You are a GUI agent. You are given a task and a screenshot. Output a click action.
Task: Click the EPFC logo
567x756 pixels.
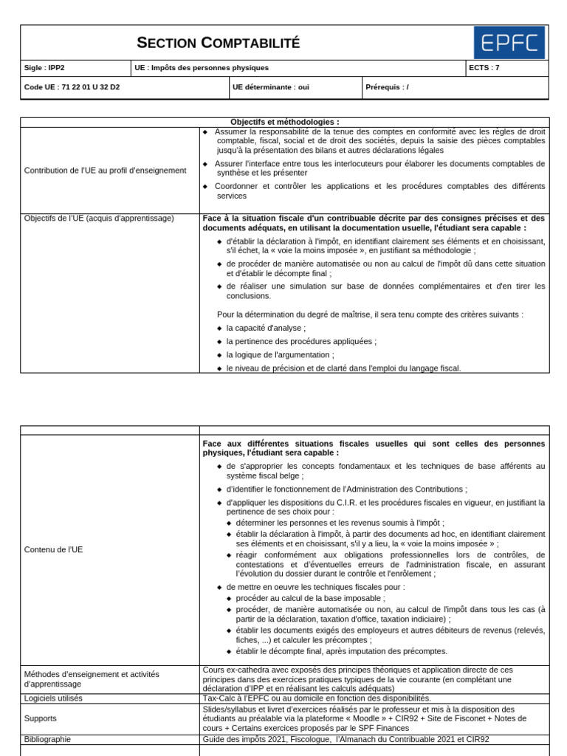point(509,42)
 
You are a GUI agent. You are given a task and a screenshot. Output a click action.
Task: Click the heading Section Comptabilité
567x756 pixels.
point(219,43)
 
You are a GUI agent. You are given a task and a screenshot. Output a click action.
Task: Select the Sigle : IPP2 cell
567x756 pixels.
point(44,68)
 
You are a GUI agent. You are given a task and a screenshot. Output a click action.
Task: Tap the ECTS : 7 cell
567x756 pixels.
point(484,68)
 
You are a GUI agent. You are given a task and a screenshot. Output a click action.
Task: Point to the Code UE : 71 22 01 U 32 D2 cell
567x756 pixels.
point(72,87)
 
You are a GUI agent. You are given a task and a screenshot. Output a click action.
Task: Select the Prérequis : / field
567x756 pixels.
point(387,87)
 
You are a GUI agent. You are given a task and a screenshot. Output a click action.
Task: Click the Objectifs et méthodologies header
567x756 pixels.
point(284,122)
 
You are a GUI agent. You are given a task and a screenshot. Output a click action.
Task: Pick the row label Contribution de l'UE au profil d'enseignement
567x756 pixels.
point(106,171)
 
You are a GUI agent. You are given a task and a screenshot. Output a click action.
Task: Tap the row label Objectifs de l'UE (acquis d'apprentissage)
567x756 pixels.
point(99,219)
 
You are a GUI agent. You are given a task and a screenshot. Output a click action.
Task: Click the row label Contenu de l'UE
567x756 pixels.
point(54,550)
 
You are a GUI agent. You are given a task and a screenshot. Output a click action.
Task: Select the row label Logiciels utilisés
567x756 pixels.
point(53,698)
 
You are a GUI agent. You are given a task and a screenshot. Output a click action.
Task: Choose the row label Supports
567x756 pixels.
point(40,718)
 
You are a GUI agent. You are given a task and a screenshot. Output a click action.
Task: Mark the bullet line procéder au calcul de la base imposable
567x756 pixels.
point(309,598)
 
